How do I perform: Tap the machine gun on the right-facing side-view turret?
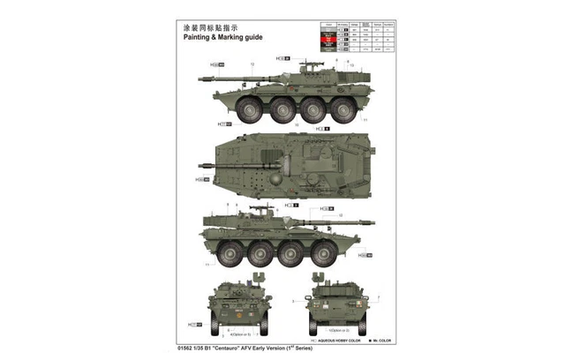[260, 209]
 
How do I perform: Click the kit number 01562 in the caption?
[192, 350]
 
